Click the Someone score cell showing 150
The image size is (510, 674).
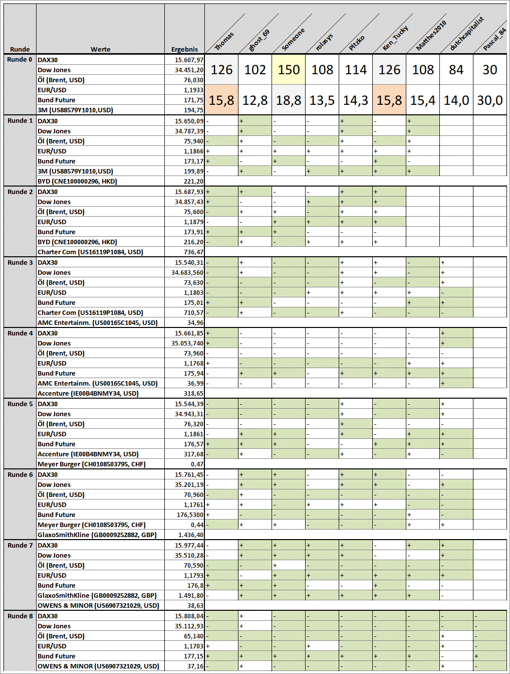pos(289,70)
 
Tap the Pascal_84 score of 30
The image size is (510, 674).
pos(490,70)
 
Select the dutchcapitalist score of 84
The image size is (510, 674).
pos(456,70)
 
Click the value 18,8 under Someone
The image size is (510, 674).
pos(289,100)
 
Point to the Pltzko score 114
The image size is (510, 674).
pos(356,70)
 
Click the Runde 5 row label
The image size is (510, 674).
pos(20,404)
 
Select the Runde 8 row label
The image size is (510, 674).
pos(20,616)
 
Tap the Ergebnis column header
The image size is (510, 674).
pos(184,49)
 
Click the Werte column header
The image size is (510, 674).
pos(100,49)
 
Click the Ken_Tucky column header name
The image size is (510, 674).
pos(395,38)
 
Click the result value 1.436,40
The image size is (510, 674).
pos(190,535)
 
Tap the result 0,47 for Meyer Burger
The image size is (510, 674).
pos(197,464)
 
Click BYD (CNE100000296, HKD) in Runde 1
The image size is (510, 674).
pos(77,182)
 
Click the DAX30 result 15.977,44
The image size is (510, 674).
pos(189,546)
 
